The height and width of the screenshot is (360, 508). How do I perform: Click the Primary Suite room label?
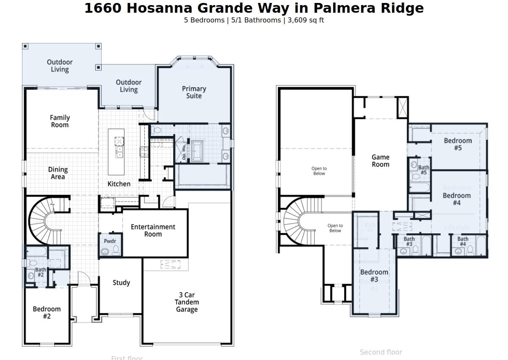point(194,92)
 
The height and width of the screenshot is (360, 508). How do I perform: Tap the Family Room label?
point(60,121)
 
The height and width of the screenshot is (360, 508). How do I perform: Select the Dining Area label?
point(58,173)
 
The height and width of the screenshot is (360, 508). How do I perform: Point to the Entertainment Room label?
point(153,230)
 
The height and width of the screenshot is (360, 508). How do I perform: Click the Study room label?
point(121,282)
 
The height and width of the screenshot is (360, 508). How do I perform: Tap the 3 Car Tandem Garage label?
point(187,302)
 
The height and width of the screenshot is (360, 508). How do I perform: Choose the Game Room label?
point(380,161)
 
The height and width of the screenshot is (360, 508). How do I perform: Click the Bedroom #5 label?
point(458,144)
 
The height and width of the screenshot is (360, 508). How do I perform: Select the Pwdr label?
point(110,241)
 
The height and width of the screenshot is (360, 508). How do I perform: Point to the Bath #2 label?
point(41,272)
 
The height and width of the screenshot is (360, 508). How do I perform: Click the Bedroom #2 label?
point(47,312)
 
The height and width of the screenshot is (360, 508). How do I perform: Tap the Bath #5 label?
point(423,170)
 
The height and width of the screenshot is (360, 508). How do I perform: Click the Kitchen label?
point(119,184)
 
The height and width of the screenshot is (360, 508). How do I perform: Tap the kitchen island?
point(116,152)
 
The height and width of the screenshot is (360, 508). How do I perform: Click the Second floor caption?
point(381,352)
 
